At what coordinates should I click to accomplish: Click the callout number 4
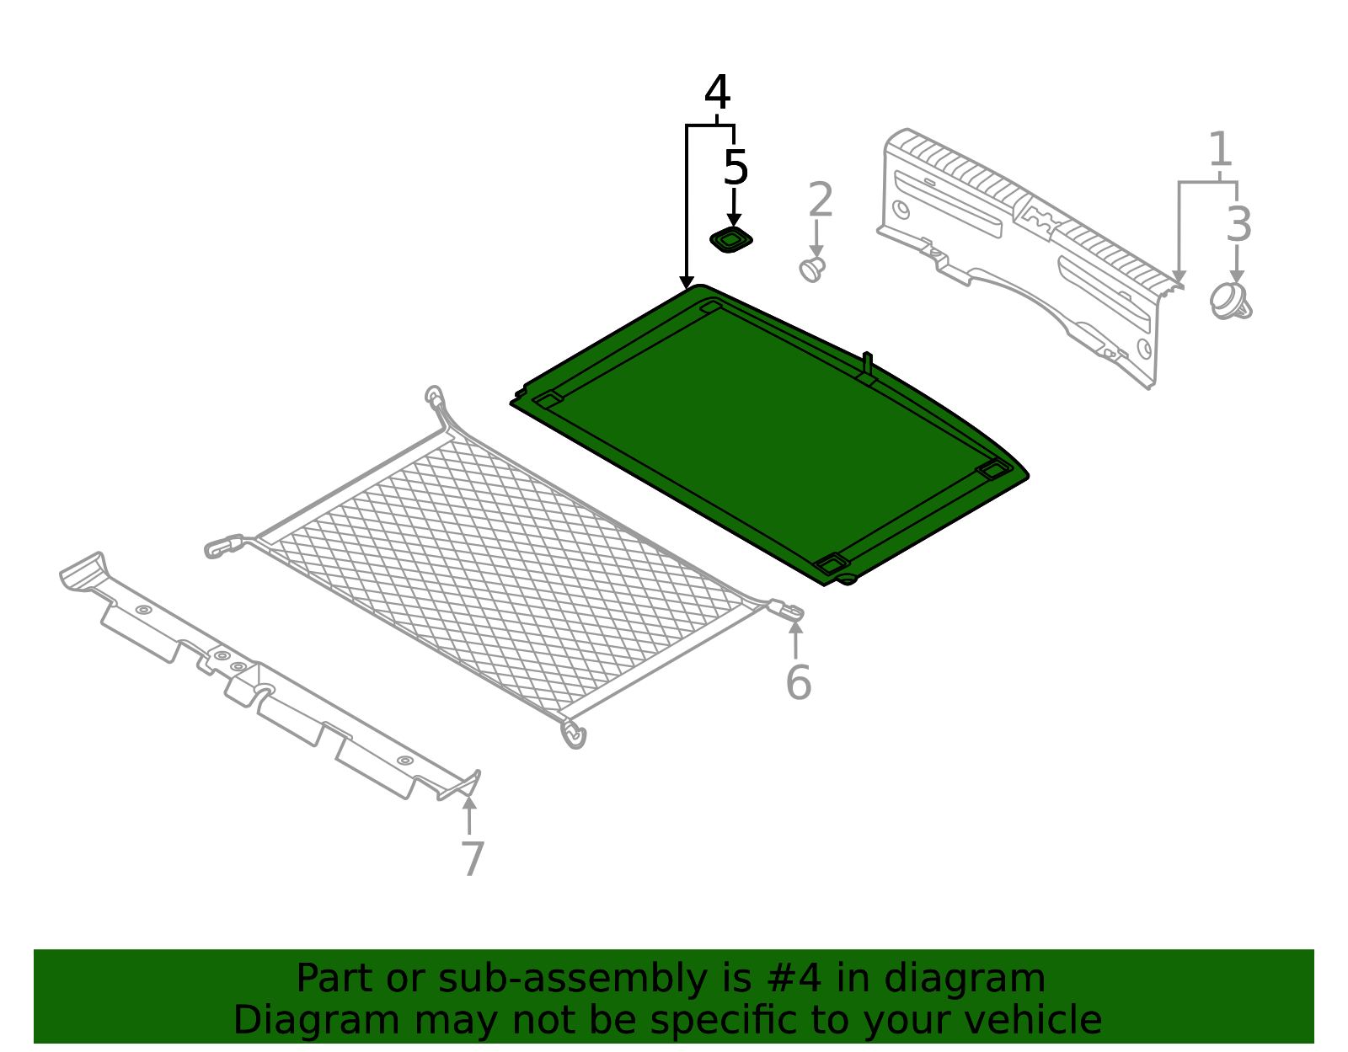tap(717, 93)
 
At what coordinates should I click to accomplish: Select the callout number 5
tap(736, 168)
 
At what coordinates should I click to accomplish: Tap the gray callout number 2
tap(820, 200)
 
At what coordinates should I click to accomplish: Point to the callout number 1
tap(1220, 150)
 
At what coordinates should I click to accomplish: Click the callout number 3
tap(1238, 224)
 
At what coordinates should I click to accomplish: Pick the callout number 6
tap(798, 682)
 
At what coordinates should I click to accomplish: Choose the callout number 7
tap(473, 859)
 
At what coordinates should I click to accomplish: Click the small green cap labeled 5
tap(730, 241)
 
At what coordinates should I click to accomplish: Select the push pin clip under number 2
tap(812, 270)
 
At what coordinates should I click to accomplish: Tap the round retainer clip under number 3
tap(1230, 301)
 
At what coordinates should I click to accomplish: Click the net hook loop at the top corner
tap(435, 397)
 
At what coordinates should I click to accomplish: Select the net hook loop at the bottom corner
tap(575, 734)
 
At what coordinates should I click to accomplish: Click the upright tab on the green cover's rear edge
tap(868, 366)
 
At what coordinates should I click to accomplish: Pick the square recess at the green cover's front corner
tap(831, 563)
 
